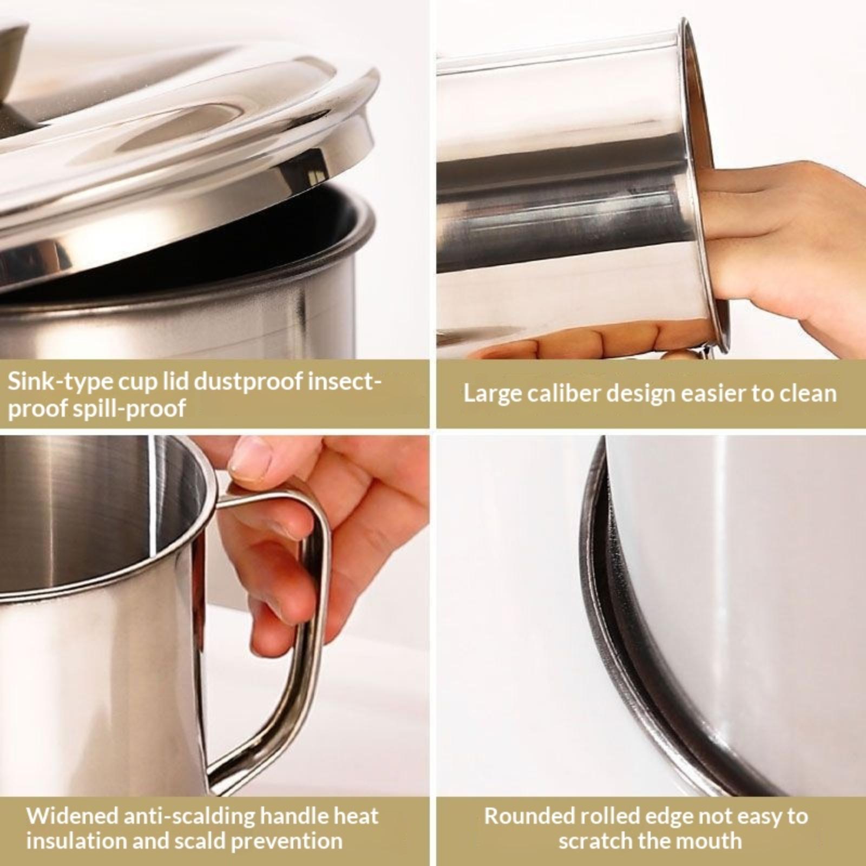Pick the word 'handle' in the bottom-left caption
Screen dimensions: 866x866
(298, 816)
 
